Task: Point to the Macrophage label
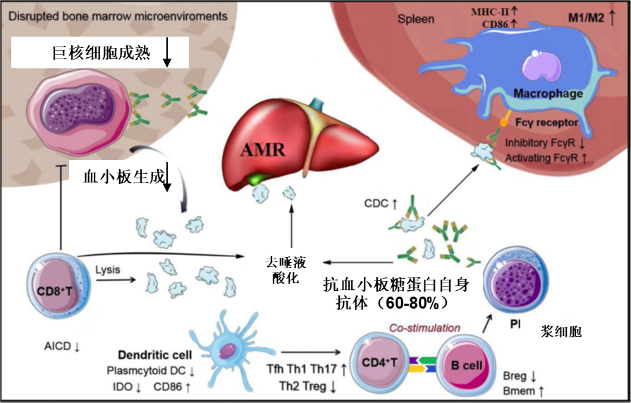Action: click(548, 94)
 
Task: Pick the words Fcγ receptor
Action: click(548, 123)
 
